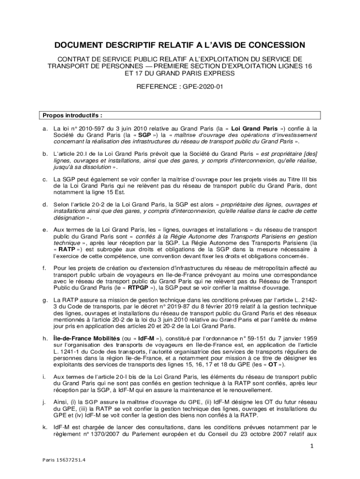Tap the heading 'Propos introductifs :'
72,115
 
